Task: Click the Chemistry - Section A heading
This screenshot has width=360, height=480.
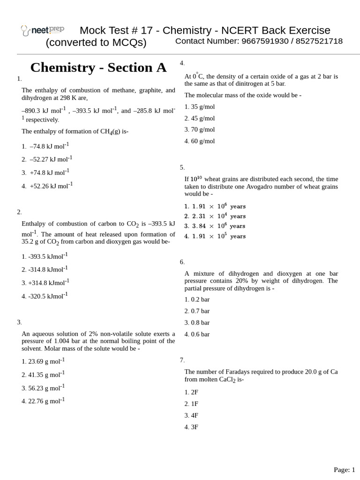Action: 98,67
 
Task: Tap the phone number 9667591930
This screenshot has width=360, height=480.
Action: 263,41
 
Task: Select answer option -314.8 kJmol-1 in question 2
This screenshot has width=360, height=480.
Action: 45,269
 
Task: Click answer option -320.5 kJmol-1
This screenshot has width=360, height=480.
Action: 45,296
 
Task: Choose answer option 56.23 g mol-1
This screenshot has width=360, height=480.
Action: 43,388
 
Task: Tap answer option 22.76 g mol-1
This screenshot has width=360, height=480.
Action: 43,401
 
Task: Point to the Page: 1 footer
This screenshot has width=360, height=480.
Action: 344,469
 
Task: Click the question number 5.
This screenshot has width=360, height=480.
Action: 182,167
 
